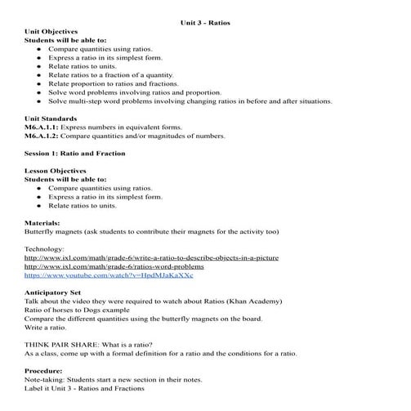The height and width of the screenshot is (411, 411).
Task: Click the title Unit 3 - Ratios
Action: [x=205, y=23]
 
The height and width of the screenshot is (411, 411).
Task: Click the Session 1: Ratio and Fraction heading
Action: [x=75, y=153]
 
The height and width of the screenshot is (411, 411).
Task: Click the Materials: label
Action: [x=43, y=222]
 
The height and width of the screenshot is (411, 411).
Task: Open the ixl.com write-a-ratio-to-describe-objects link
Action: [x=151, y=257]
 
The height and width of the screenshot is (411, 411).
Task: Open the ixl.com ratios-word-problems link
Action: [x=114, y=266]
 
